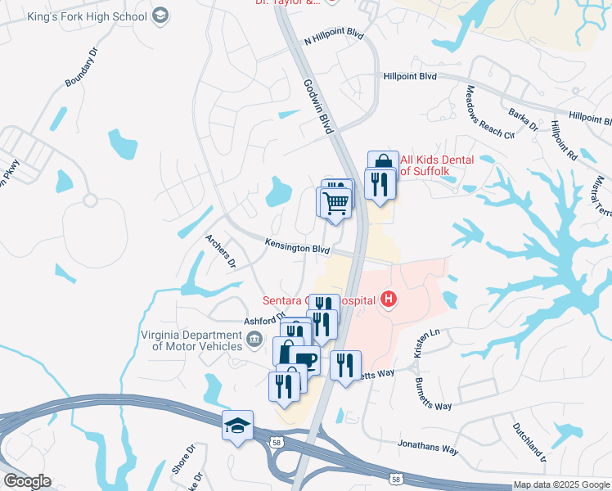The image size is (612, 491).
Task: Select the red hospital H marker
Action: pyautogui.click(x=389, y=301)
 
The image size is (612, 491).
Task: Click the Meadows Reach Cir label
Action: pyautogui.click(x=490, y=112)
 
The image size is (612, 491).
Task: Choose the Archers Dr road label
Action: pyautogui.click(x=220, y=251)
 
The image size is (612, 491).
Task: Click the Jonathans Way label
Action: pyautogui.click(x=427, y=448)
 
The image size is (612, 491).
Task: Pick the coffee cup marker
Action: pyautogui.click(x=306, y=360)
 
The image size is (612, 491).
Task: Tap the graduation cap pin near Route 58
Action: pyautogui.click(x=237, y=426)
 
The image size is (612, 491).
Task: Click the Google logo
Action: pyautogui.click(x=26, y=481)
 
